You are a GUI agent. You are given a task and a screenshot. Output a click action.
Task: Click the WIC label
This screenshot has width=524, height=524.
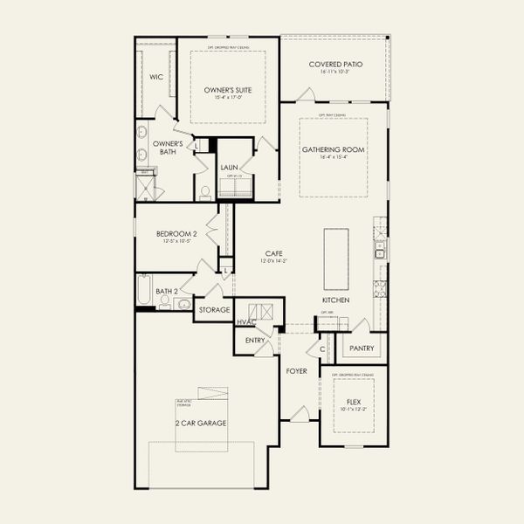click(x=156, y=77)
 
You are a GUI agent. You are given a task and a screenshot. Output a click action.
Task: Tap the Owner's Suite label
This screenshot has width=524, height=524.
click(x=229, y=89)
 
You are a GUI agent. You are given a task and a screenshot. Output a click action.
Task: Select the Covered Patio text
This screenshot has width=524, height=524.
click(x=335, y=65)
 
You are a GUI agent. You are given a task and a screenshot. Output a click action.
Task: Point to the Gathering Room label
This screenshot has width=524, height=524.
click(x=334, y=149)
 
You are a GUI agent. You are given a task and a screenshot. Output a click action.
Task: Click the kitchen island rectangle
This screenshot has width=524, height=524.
click(x=335, y=259)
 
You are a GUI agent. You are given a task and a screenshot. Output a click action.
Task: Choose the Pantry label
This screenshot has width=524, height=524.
click(x=361, y=348)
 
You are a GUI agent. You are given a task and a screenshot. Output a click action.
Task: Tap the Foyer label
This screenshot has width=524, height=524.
click(x=297, y=371)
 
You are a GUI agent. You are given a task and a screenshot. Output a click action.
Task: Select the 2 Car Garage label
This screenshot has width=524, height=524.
click(x=200, y=423)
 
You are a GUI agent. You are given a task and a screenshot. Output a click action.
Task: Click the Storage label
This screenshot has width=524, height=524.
click(x=214, y=309)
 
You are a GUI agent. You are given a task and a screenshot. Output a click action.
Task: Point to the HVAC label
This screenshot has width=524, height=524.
click(x=245, y=322)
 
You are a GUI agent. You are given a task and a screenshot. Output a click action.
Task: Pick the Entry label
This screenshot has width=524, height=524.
click(x=255, y=340)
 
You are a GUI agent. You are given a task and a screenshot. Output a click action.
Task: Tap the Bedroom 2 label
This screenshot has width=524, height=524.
click(x=177, y=233)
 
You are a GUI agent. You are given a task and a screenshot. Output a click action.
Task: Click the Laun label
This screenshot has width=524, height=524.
click(x=229, y=167)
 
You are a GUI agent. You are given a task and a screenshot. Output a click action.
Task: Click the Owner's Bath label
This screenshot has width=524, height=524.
click(x=167, y=148)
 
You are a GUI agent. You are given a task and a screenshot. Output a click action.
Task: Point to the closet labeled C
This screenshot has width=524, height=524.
click(x=322, y=348)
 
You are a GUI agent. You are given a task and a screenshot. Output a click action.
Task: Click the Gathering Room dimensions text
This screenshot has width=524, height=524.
click(x=334, y=158)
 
